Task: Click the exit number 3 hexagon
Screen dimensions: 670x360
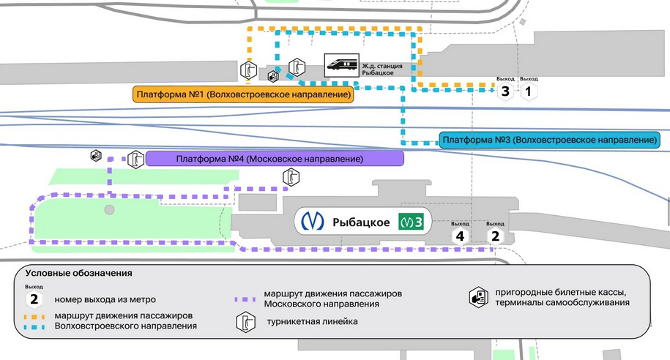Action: pyautogui.click(x=505, y=91)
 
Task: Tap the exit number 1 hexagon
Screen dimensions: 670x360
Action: pyautogui.click(x=529, y=91)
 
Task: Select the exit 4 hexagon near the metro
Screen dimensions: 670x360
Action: pyautogui.click(x=460, y=236)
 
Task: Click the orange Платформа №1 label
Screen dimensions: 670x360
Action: pyautogui.click(x=244, y=94)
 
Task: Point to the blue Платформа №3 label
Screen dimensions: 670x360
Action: pyautogui.click(x=549, y=140)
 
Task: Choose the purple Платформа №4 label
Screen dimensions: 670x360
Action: pyautogui.click(x=275, y=159)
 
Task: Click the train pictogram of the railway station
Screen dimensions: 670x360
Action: pyautogui.click(x=341, y=65)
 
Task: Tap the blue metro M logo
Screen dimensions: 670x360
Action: pyautogui.click(x=313, y=221)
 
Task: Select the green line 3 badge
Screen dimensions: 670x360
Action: pyautogui.click(x=411, y=222)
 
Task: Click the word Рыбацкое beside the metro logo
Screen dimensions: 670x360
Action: pyautogui.click(x=361, y=222)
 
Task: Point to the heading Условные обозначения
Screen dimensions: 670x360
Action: pyautogui.click(x=78, y=273)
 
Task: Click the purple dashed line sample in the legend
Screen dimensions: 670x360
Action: pyautogui.click(x=245, y=299)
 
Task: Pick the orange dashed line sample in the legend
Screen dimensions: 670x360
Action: pyautogui.click(x=34, y=317)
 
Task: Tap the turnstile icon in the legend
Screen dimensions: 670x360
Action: pyautogui.click(x=246, y=322)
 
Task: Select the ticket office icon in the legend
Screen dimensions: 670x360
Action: pyautogui.click(x=479, y=297)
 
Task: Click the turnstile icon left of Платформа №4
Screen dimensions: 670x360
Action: pyautogui.click(x=136, y=160)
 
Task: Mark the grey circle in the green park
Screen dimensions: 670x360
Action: pyautogui.click(x=110, y=210)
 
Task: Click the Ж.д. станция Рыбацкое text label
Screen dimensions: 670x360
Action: pyautogui.click(x=382, y=70)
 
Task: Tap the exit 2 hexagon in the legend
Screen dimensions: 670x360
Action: pyautogui.click(x=34, y=299)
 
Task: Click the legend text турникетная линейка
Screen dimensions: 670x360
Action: pyautogui.click(x=313, y=321)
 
